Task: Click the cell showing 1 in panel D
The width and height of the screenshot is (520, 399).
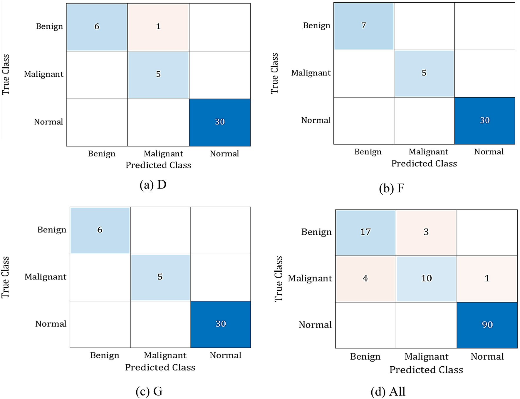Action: [x=158, y=27]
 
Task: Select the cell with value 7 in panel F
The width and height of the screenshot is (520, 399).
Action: [x=364, y=26]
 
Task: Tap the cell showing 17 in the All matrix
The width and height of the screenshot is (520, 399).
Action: [x=365, y=232]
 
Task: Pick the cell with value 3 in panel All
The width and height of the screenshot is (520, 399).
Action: [x=426, y=232]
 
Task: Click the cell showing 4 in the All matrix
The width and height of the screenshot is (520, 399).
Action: [x=365, y=278]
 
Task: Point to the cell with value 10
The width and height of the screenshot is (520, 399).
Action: [x=426, y=278]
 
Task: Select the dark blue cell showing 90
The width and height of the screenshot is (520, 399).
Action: [x=487, y=325]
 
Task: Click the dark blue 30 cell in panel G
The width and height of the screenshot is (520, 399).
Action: [x=221, y=324]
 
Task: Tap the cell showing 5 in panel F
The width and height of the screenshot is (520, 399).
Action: [x=424, y=73]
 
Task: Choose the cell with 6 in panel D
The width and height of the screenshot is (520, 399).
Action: [x=97, y=27]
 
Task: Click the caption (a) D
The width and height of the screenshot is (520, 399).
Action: [x=153, y=185]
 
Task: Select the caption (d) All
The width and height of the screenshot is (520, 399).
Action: [x=388, y=392]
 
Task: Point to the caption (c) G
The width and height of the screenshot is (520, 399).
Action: [x=149, y=391]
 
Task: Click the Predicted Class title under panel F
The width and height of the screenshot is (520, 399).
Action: [x=424, y=163]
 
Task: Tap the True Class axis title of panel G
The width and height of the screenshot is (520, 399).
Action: [x=5, y=277]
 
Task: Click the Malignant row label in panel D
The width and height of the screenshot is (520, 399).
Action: [x=44, y=74]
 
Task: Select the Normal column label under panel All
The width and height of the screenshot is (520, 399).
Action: [x=487, y=357]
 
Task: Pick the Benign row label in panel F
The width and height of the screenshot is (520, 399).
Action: [x=317, y=26]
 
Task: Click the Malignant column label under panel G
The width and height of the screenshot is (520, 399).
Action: [x=165, y=355]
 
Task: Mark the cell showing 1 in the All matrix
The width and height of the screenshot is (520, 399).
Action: [x=487, y=278]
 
